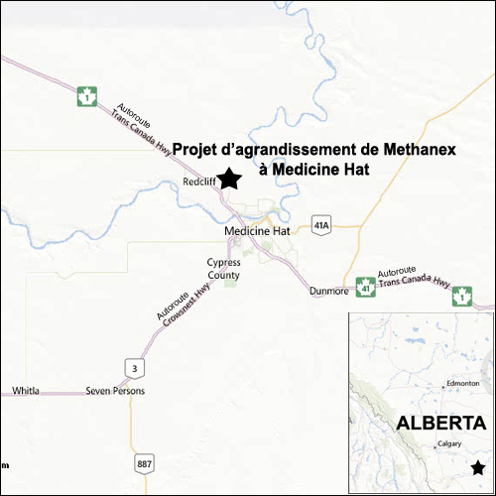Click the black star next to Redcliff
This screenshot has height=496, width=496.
tap(229, 179)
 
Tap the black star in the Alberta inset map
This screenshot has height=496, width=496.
tap(478, 467)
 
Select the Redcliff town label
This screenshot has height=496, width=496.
tap(200, 183)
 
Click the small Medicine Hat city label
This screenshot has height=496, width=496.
tap(257, 230)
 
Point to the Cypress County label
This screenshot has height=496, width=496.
tap(223, 268)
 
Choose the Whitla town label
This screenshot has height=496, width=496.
tap(26, 391)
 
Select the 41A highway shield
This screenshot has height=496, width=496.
tap(319, 225)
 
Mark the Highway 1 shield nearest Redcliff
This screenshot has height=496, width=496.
tap(87, 97)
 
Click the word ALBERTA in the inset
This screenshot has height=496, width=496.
tap(441, 423)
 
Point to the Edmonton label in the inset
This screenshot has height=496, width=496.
tap(463, 383)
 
